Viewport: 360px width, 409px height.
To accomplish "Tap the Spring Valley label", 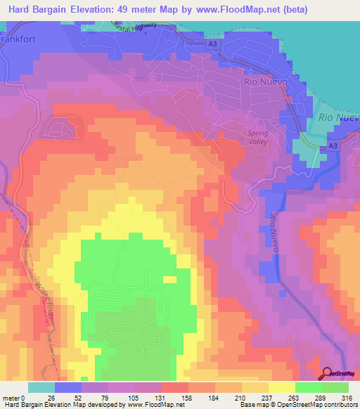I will click(264, 137).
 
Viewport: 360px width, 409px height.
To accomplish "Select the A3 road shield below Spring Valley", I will click(333, 145).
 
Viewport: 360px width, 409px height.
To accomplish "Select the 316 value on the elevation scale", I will click(347, 397).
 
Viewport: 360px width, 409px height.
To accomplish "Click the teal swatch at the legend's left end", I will click(41, 387).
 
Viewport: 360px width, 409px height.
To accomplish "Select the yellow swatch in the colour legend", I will click(281, 387).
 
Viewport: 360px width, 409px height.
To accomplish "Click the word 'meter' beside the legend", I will click(11, 397).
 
